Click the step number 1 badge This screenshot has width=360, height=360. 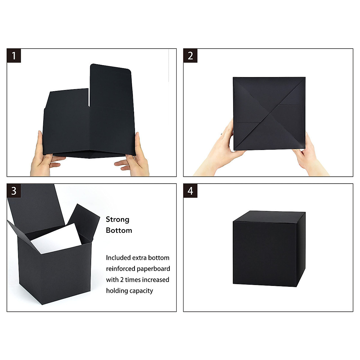pos(14,55)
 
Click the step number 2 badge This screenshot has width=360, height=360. pos(190,55)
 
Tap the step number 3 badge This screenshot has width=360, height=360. pos(14,191)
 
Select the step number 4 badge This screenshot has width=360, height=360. pos(190,191)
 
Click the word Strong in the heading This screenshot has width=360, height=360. pos(118,220)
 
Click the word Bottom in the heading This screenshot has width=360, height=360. pos(119,230)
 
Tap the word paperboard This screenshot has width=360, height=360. pos(154,269)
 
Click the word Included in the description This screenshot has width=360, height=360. pos(118,258)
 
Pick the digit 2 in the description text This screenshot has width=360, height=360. pos(122,280)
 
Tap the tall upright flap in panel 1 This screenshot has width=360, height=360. pos(110,87)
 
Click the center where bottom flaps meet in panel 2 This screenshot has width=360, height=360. pos(269,113)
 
